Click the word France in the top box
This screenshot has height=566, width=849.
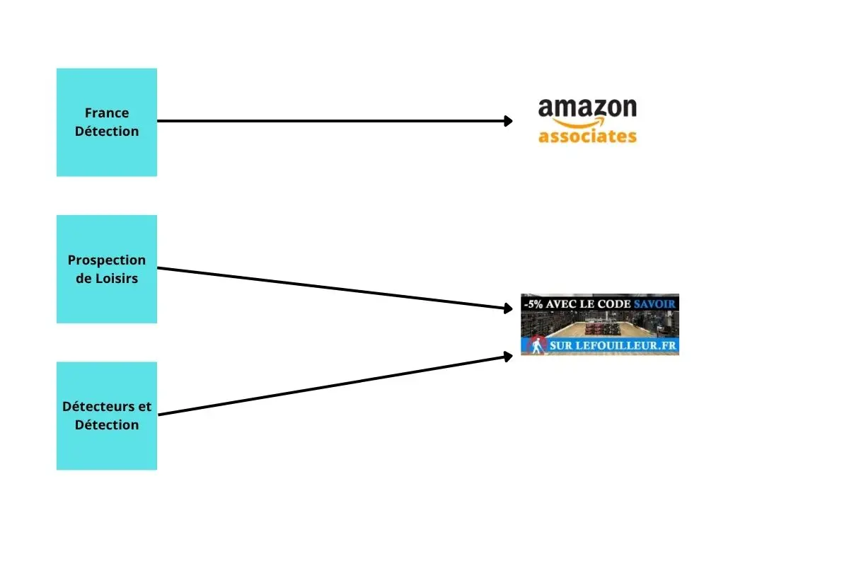tap(107, 112)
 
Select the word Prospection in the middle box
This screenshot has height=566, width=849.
tap(107, 260)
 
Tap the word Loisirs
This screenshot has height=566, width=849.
tap(117, 278)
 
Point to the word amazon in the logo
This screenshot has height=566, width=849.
tap(587, 108)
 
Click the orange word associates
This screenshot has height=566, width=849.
tap(587, 137)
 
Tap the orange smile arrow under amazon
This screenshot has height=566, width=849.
tap(579, 122)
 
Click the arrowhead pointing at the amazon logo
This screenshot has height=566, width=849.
tap(508, 121)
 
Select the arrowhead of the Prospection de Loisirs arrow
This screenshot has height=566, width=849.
tap(508, 308)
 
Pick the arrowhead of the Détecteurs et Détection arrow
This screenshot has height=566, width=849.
tap(508, 357)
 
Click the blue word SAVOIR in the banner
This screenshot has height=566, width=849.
tap(654, 304)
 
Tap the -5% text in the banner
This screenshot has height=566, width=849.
tap(533, 304)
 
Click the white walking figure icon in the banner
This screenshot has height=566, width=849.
tap(536, 346)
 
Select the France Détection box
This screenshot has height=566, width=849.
tap(107, 122)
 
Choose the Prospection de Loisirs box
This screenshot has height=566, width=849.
tap(107, 269)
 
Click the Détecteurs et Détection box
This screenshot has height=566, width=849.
tap(107, 416)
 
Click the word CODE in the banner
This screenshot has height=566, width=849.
tap(616, 304)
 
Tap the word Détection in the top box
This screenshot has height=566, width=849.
tap(107, 131)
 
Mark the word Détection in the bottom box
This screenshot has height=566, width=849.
tap(107, 425)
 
